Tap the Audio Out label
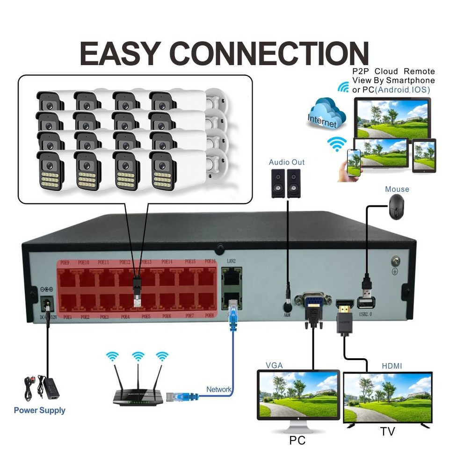point(286,162)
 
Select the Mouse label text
point(397,189)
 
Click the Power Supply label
point(39,411)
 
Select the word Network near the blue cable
point(219,390)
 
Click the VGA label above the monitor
point(274,365)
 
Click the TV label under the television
point(387,431)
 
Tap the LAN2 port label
point(231,261)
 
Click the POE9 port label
point(65,262)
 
